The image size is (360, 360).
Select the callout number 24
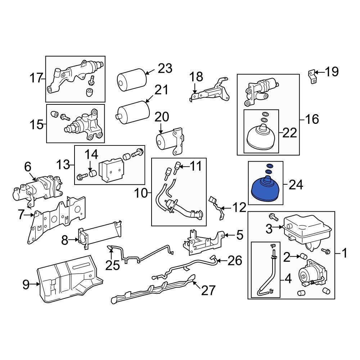[296, 185]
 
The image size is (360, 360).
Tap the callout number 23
[165, 68]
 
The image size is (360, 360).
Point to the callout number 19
[332, 72]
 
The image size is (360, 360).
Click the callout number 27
[208, 290]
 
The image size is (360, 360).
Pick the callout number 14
[91, 155]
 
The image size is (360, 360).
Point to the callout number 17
[36, 78]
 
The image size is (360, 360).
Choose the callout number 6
[28, 167]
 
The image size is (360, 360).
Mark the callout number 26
[235, 261]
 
